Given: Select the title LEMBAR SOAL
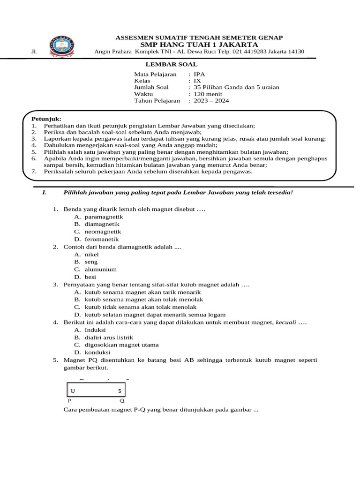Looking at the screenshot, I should [x=178, y=64].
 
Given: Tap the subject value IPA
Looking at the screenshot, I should [x=199, y=74].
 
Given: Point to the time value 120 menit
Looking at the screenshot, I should [x=210, y=94].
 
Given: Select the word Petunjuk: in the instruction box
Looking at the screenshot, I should [x=46, y=119].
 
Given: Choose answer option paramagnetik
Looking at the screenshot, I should [x=104, y=217].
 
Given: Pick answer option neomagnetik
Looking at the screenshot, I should [x=103, y=232].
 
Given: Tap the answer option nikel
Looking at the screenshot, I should [x=91, y=255].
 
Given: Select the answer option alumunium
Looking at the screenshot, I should [x=100, y=270].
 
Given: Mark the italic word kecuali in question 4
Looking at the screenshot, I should [x=286, y=322].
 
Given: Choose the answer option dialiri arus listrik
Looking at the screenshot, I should [x=109, y=337].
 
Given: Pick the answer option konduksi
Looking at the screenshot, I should [x=97, y=352].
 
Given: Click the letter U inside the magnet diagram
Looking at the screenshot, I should [x=72, y=390].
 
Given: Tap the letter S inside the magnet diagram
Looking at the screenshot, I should [x=120, y=390].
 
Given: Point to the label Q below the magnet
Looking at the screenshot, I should [x=122, y=401].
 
